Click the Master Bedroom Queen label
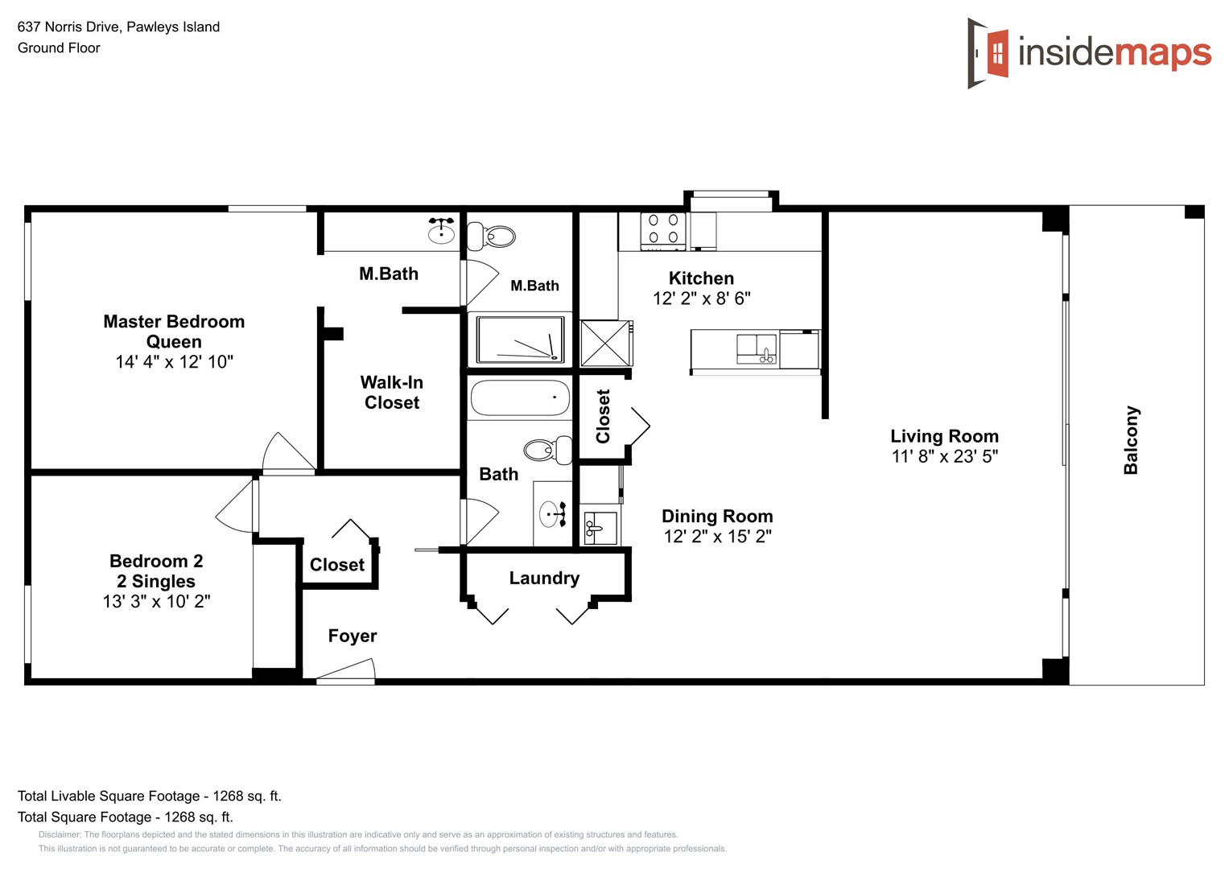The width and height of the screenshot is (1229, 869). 174,332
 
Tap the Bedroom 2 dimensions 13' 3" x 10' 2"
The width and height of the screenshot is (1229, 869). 156,602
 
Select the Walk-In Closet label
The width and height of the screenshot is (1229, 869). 392,393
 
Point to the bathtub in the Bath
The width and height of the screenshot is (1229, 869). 520,398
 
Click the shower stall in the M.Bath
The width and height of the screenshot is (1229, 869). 520,340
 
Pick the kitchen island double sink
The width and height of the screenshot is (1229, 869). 757,349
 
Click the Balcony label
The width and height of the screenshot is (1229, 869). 1131,440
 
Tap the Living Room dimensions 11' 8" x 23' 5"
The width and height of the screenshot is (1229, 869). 945,457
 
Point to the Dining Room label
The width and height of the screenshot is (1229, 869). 717,517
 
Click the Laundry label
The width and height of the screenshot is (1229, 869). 544,579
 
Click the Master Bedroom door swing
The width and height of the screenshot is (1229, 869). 287,455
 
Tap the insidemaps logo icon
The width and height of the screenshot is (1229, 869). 988,53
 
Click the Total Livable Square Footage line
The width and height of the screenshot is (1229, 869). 150,797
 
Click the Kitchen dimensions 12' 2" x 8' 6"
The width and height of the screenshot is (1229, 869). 701,299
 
